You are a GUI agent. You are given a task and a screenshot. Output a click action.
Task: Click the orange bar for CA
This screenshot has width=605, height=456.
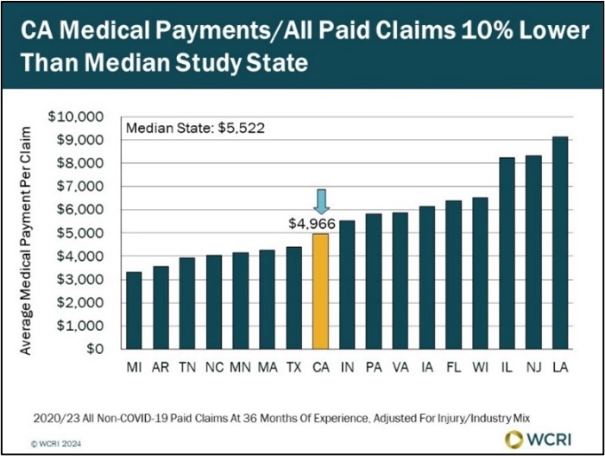tap(320, 291)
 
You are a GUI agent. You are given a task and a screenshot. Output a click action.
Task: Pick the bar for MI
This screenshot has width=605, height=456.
tap(134, 311)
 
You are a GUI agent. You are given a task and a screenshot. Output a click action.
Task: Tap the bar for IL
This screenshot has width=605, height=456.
tap(507, 253)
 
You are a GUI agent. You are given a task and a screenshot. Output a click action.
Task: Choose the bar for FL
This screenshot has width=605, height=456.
tap(453, 275)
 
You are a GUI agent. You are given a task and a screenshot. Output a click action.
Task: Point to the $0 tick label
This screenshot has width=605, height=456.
tap(93, 350)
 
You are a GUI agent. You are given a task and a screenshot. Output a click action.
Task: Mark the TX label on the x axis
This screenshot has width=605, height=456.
tap(293, 365)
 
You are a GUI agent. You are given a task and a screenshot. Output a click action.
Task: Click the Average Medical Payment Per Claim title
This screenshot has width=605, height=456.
tap(27, 240)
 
